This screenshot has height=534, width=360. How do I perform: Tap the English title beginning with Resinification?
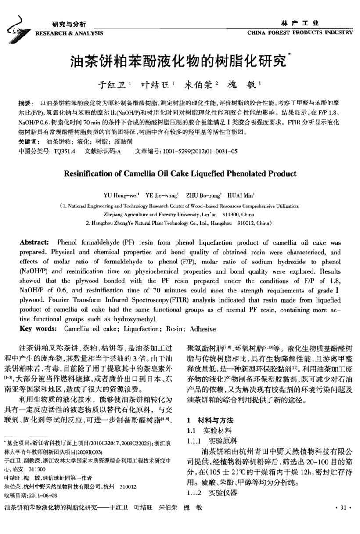tap(180, 173)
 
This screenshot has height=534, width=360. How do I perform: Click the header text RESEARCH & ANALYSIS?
tap(69, 33)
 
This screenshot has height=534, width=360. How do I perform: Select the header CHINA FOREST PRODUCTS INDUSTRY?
tap(300, 33)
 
